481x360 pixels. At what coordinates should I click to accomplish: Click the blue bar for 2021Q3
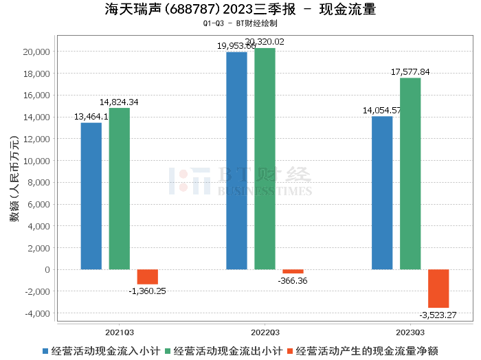91,196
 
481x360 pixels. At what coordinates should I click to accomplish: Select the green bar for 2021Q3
119,188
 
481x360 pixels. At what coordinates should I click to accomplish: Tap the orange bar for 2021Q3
147,277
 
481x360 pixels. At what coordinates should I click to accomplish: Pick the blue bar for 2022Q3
236,161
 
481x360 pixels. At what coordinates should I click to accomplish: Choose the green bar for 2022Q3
265,159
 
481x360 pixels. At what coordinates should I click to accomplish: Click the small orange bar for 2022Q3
293,271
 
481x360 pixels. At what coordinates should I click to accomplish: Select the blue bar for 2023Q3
382,193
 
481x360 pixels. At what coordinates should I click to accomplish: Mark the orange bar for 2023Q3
438,289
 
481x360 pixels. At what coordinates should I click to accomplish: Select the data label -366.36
293,281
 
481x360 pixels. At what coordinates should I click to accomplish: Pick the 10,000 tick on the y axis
34,161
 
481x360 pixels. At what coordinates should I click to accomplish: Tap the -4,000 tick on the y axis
34,313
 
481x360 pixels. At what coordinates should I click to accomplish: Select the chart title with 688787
240,9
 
